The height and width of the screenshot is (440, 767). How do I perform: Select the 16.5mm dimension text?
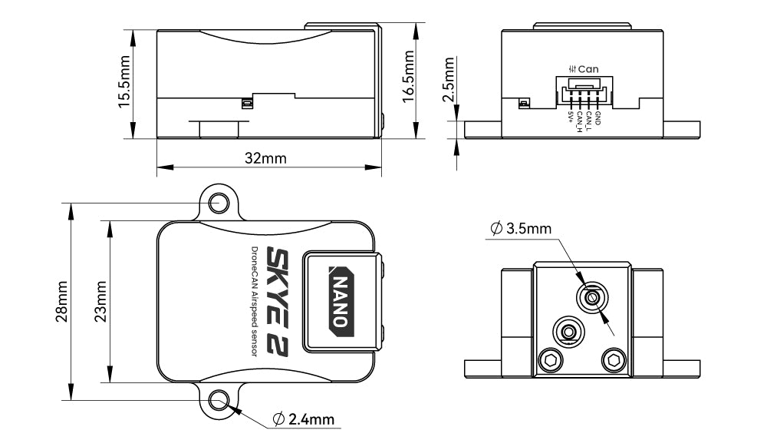pyautogui.click(x=409, y=74)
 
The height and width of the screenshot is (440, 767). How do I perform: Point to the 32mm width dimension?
pyautogui.click(x=265, y=158)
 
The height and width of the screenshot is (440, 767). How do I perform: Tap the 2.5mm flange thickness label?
pyautogui.click(x=449, y=84)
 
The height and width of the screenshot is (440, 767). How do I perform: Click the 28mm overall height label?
pyautogui.click(x=62, y=302)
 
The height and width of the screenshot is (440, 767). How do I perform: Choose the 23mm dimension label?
pyautogui.click(x=100, y=302)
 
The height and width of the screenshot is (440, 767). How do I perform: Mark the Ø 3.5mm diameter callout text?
pyautogui.click(x=520, y=229)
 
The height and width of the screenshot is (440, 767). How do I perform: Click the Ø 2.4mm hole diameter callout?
pyautogui.click(x=304, y=419)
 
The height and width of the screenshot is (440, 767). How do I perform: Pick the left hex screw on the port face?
pyautogui.click(x=549, y=359)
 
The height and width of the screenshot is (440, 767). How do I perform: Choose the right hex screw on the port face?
pyautogui.click(x=612, y=359)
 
